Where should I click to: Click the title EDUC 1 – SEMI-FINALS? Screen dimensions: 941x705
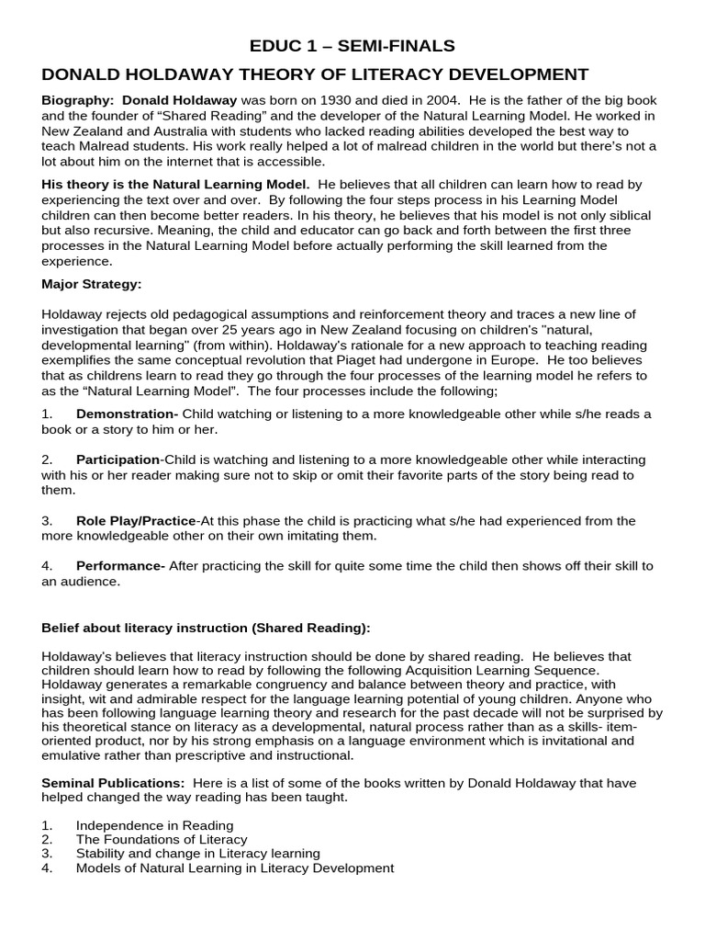coord(352,46)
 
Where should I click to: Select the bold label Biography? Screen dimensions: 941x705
coord(79,99)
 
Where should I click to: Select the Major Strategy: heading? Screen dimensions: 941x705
coord(92,283)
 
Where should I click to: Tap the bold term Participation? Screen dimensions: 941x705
coord(117,459)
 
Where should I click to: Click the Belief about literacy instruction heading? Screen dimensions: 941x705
coord(207,628)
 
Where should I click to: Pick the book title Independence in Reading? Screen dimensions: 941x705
coord(154,825)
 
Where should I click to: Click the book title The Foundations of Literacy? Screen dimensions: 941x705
coord(162,839)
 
